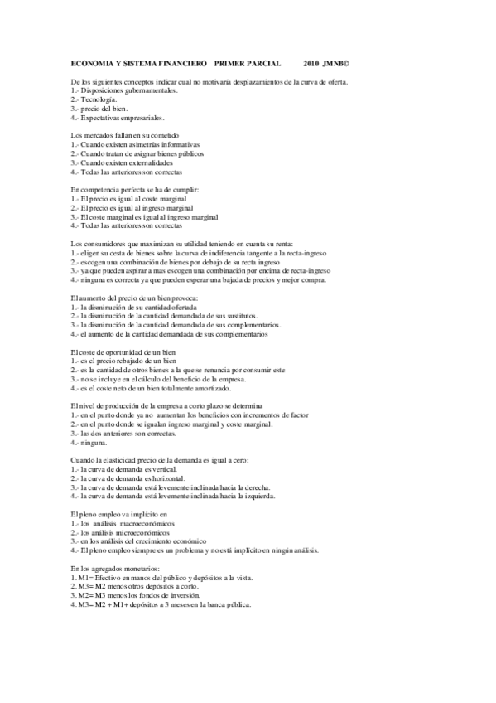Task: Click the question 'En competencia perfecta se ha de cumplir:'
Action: [x=135, y=190]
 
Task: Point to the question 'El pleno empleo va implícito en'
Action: [x=113, y=515]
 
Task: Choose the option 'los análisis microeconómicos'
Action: [x=125, y=533]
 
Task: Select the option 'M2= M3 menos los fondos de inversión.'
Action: [x=136, y=596]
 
